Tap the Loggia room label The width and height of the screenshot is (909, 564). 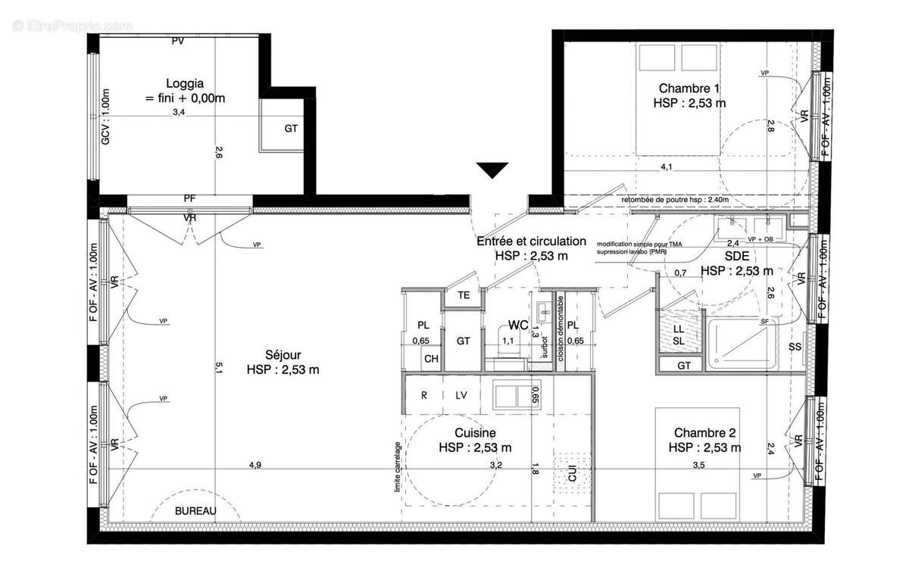pyautogui.click(x=186, y=84)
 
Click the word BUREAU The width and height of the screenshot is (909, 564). pyautogui.click(x=195, y=511)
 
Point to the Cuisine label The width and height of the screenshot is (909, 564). pyautogui.click(x=474, y=433)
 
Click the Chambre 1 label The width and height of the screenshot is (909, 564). pyautogui.click(x=689, y=88)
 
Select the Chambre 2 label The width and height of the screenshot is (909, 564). pyautogui.click(x=704, y=433)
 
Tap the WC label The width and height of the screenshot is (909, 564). pyautogui.click(x=518, y=325)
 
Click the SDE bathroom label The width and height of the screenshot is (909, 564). pyautogui.click(x=736, y=257)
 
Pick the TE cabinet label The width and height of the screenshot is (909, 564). pyautogui.click(x=464, y=296)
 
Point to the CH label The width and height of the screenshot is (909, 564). pyautogui.click(x=430, y=359)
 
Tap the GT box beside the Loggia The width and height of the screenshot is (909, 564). pyautogui.click(x=291, y=129)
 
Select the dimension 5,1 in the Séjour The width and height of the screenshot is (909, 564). pyautogui.click(x=218, y=367)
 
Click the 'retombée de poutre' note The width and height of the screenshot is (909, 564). pyautogui.click(x=675, y=200)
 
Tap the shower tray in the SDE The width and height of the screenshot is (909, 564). pyautogui.click(x=740, y=344)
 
